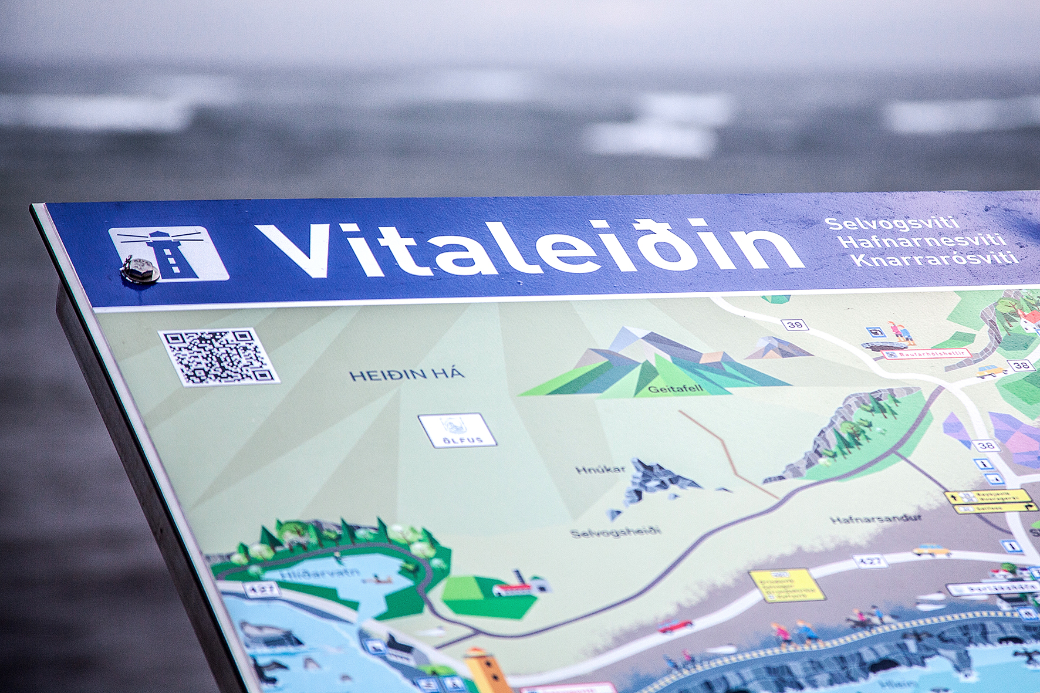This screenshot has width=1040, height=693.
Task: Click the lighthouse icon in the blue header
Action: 169,253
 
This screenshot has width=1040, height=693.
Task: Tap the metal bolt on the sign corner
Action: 140,271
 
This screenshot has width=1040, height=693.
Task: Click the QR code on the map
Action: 218,357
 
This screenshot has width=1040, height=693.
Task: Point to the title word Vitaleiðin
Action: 528,248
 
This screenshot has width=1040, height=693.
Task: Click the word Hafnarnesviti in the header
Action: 922,241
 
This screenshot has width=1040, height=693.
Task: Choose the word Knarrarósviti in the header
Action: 936,259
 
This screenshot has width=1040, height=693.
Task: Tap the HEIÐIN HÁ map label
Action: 407,374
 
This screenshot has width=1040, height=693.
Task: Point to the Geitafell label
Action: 675,388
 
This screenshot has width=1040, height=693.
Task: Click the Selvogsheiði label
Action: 615,532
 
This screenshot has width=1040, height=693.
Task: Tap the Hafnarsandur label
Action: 876,519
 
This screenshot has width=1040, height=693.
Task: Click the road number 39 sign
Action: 794,324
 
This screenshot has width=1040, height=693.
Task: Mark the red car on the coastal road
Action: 676,626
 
